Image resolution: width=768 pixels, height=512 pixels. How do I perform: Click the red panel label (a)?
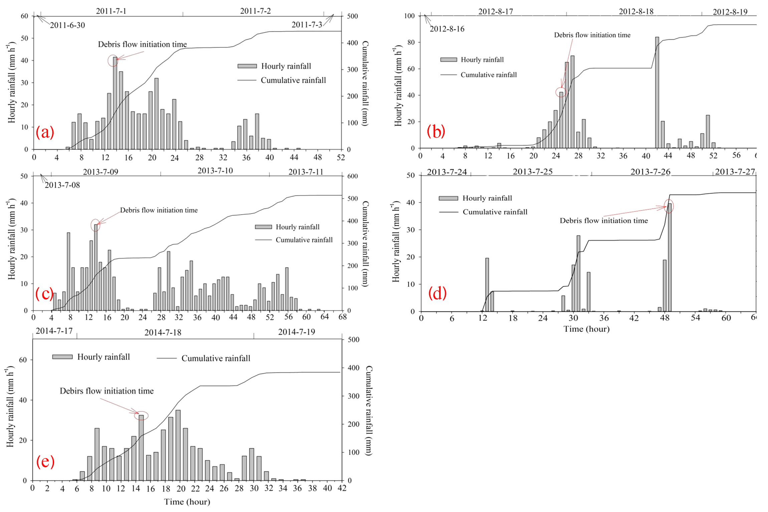45,132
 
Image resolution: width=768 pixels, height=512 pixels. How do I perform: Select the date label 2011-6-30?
67,25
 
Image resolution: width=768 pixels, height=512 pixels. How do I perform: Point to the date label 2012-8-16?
447,29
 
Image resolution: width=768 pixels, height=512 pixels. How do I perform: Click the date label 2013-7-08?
62,185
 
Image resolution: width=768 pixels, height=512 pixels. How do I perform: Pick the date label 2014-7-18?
163,333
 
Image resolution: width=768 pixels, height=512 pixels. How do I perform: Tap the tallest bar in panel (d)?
669,257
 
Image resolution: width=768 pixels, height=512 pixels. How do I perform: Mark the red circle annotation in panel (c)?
95,225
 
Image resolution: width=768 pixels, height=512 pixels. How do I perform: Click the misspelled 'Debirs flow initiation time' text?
107,391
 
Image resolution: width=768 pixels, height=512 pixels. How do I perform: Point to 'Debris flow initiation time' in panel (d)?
603,220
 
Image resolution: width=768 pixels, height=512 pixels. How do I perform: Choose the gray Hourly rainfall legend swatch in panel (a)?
247,66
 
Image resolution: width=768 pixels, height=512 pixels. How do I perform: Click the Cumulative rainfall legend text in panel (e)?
216,358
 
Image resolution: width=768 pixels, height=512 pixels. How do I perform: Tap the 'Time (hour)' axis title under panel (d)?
586,329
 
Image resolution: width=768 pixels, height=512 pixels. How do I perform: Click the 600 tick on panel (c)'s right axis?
353,176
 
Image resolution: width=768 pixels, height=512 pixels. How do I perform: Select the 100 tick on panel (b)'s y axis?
409,16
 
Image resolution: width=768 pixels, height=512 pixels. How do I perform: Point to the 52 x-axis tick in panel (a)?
341,157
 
